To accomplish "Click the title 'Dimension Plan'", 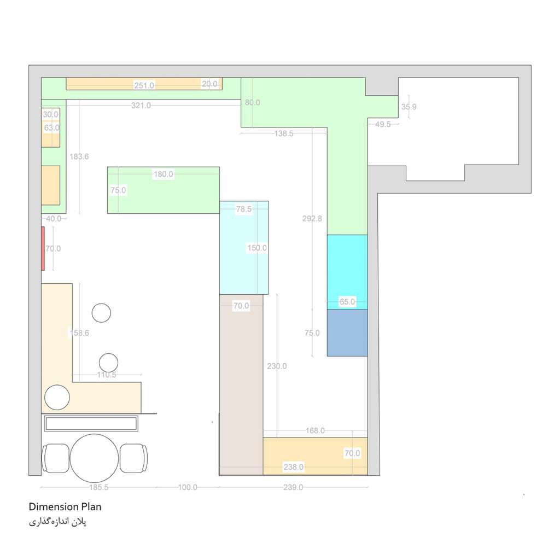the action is pos(65,507).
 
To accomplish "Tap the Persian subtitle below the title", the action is pos(57,522).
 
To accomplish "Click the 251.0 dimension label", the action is pos(144,85).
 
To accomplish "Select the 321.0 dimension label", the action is pos(141,106).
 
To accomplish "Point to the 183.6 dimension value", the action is pos(79,156).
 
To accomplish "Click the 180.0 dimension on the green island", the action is pos(163,174).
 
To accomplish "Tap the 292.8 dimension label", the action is pos(312,219).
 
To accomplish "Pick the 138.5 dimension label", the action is pos(284,133).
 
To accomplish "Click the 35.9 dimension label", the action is pos(409,107).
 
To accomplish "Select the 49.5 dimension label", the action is pos(383,124).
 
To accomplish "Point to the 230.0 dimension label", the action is pos(277,366).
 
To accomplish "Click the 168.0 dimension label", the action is pos(315,431).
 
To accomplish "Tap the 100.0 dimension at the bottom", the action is pos(188,487).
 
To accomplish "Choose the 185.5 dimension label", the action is pos(98,487).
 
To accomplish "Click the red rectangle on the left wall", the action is pos(43,249).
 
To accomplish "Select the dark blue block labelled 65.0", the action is pos(347,333).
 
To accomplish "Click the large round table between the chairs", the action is pos(94,458).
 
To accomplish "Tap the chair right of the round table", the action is pos(133,458).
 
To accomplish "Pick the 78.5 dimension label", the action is pos(243,209).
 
